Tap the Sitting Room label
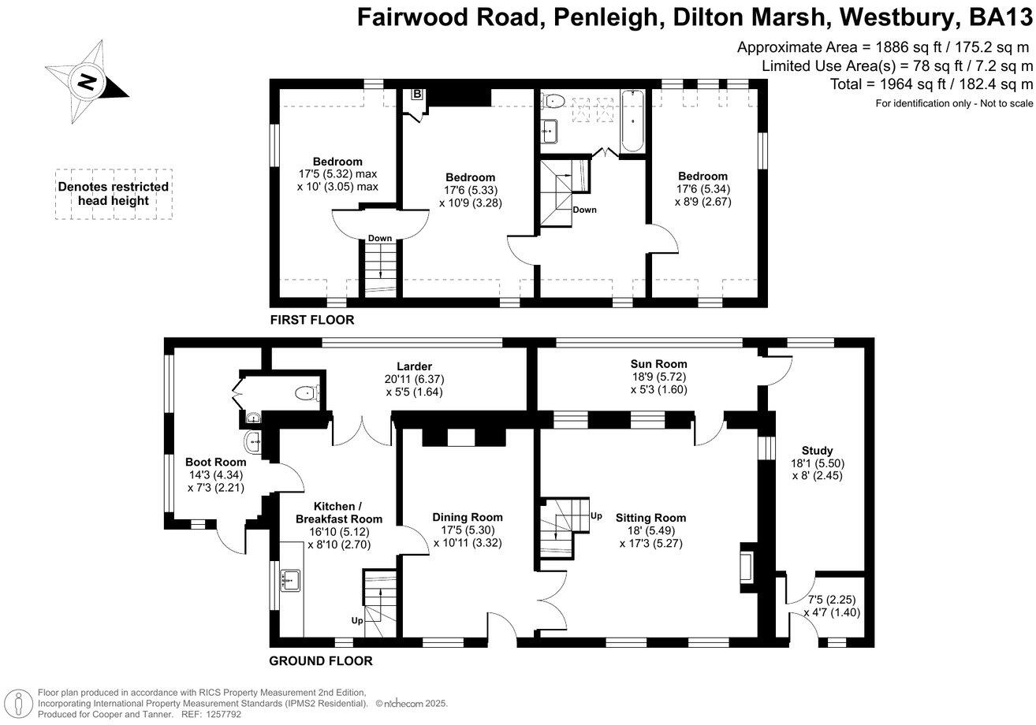(650, 518)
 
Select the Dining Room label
(468, 517)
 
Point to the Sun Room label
(658, 364)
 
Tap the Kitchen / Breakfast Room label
(338, 512)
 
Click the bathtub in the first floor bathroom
(633, 121)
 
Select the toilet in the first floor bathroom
(554, 100)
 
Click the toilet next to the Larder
(304, 392)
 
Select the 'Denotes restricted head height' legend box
(114, 194)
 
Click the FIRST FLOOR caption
(312, 320)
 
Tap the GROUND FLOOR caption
(320, 661)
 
